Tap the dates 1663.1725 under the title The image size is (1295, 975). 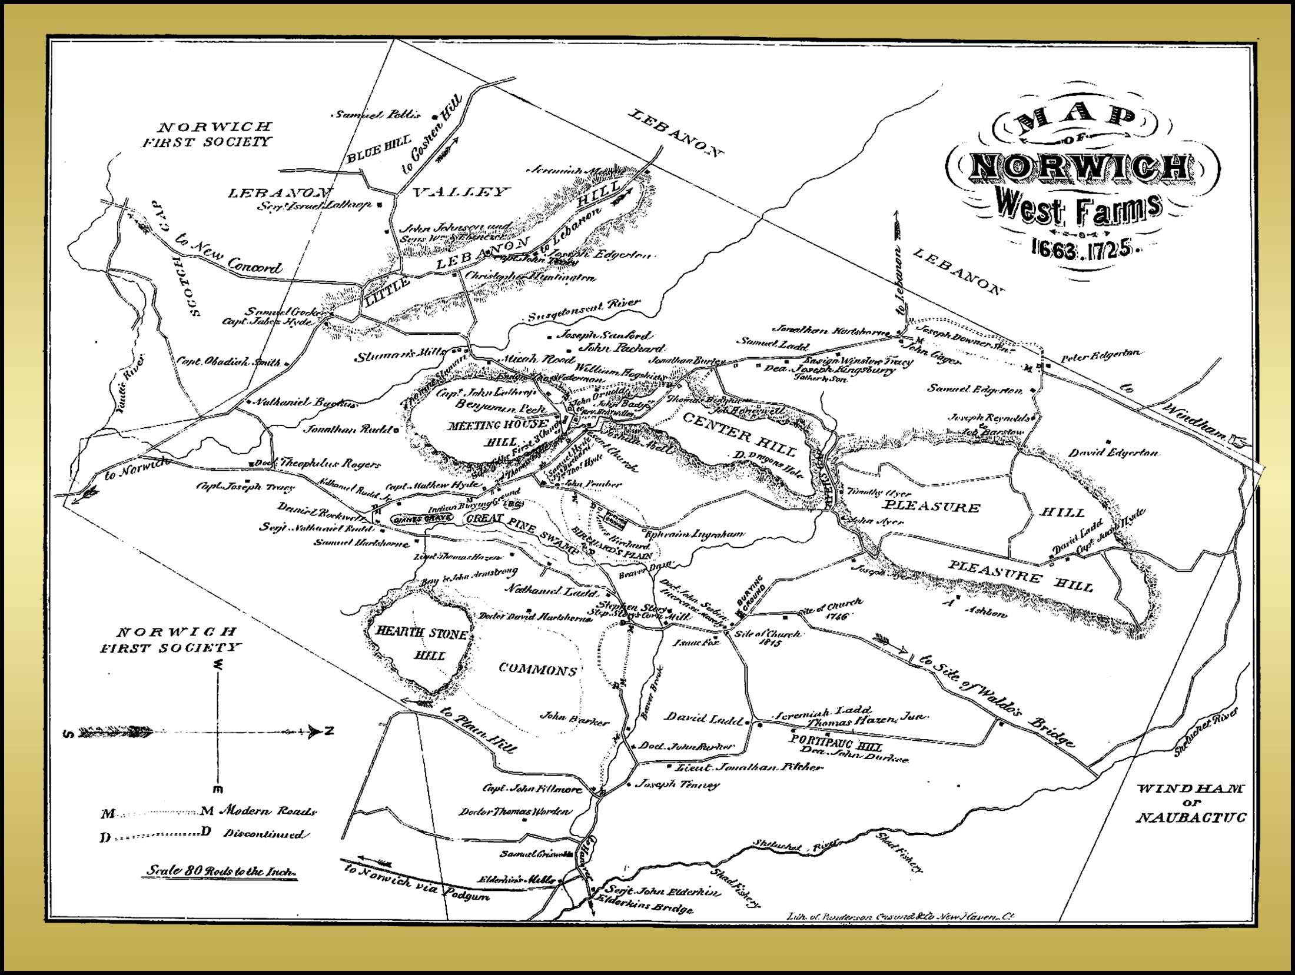click(1082, 249)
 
